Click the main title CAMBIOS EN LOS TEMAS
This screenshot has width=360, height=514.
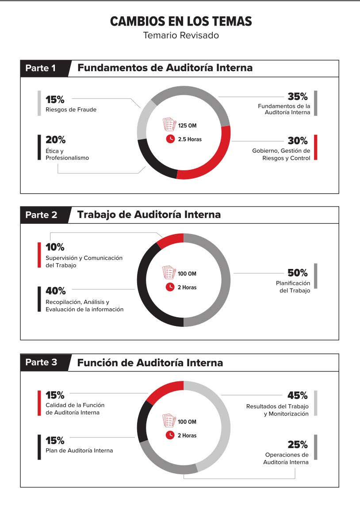tap(181, 21)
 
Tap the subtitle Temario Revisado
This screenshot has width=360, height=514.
tap(181, 35)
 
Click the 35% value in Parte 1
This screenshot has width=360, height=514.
tap(297, 97)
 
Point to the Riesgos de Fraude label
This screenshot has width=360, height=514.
tap(71, 109)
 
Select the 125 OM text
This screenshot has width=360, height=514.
tap(187, 126)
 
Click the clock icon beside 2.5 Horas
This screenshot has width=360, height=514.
tap(170, 139)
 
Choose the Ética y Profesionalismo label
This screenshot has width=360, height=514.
tap(67, 154)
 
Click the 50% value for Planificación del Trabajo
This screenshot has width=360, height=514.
tap(297, 272)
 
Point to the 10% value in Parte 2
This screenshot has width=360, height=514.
tap(55, 246)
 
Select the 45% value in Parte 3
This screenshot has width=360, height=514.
tap(297, 395)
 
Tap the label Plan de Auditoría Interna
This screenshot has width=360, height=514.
tap(79, 451)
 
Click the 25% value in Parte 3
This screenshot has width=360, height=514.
tap(297, 444)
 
